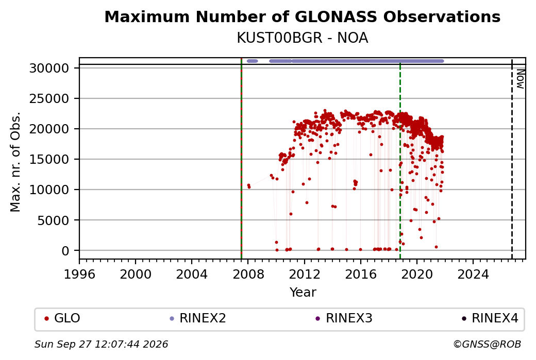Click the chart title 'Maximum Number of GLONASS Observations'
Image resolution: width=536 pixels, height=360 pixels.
coord(302,16)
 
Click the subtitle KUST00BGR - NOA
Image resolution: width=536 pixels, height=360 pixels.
coord(302,38)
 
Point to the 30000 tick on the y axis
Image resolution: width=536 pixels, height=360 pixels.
coord(49,68)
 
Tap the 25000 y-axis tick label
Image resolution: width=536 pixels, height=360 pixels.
coord(49,99)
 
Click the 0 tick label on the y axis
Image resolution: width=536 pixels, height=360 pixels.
coord(65,251)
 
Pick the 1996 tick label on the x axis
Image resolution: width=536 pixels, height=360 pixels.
coord(79,274)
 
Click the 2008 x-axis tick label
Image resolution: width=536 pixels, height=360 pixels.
coord(248,274)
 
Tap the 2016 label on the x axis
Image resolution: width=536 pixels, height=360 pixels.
coord(361,274)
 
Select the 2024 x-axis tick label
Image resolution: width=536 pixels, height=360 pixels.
coord(473,274)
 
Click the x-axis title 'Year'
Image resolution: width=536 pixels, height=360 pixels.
coord(303,293)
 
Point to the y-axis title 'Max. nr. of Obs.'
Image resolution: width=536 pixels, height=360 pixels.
coord(15,162)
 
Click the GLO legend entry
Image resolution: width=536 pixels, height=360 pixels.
coord(62,318)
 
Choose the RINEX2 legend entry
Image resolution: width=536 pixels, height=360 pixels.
coord(198,318)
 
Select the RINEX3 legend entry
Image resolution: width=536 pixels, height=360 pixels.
coord(344,318)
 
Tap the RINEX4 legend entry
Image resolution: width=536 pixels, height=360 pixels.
coord(490,318)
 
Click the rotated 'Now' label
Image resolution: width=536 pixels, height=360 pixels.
coord(520,79)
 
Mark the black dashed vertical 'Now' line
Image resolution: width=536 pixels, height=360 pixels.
coord(512,159)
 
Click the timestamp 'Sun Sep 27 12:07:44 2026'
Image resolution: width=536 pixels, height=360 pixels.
coord(101,344)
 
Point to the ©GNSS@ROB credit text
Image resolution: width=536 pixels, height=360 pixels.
coord(487,344)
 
